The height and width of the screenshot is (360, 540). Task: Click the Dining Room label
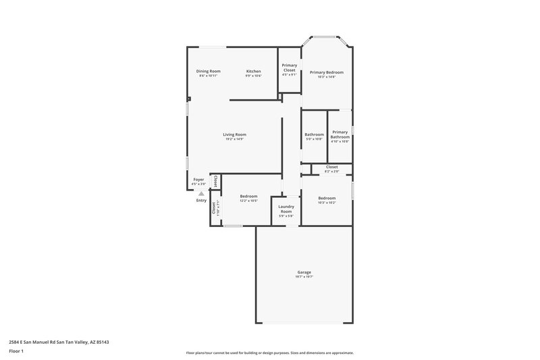coord(209,71)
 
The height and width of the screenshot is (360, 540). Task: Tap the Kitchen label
coord(253,71)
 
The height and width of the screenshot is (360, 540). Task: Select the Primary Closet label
coord(290,68)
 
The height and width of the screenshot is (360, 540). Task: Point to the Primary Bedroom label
coord(327,72)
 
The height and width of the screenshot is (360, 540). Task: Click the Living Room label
coord(234,134)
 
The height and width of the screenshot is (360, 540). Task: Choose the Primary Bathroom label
coord(340,134)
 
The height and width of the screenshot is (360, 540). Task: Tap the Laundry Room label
coord(286,209)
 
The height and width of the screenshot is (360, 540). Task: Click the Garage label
coord(304,272)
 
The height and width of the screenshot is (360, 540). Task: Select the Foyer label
coord(198,180)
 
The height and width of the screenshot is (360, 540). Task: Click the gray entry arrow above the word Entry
coord(200,193)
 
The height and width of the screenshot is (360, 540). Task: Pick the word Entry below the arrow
coord(201,200)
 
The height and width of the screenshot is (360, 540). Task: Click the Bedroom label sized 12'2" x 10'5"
coord(248,197)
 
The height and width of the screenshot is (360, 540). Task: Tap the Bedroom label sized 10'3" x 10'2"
coord(327,198)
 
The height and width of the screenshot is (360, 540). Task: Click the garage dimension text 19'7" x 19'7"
coord(304,277)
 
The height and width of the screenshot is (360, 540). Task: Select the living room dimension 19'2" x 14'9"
coord(234,139)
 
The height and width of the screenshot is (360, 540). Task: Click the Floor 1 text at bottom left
coord(16,352)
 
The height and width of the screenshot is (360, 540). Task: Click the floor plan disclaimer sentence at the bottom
coord(269,353)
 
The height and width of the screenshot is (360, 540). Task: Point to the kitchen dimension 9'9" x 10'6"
coord(253,76)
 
